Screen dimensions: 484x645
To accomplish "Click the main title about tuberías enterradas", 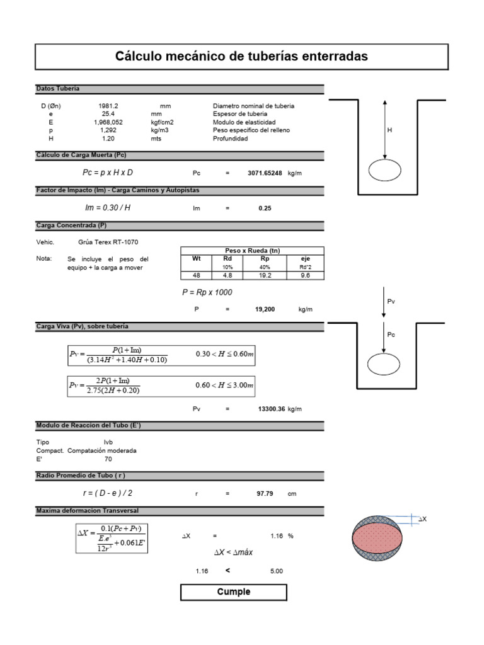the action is [x=241, y=56].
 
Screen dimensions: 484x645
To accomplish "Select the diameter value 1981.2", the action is [x=108, y=106].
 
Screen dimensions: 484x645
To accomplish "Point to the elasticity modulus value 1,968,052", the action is [x=108, y=122].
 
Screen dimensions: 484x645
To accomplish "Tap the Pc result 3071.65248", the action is [x=265, y=173].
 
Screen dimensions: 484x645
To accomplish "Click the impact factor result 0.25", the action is [x=265, y=208].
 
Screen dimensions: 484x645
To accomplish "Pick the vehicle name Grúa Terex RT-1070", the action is [x=108, y=243].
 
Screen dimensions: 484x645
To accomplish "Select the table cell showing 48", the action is [x=197, y=276].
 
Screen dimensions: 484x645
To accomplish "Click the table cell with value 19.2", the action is [x=265, y=276].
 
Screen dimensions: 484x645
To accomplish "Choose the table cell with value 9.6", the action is [x=306, y=276].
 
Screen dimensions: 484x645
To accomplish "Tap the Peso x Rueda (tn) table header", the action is [x=252, y=251].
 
